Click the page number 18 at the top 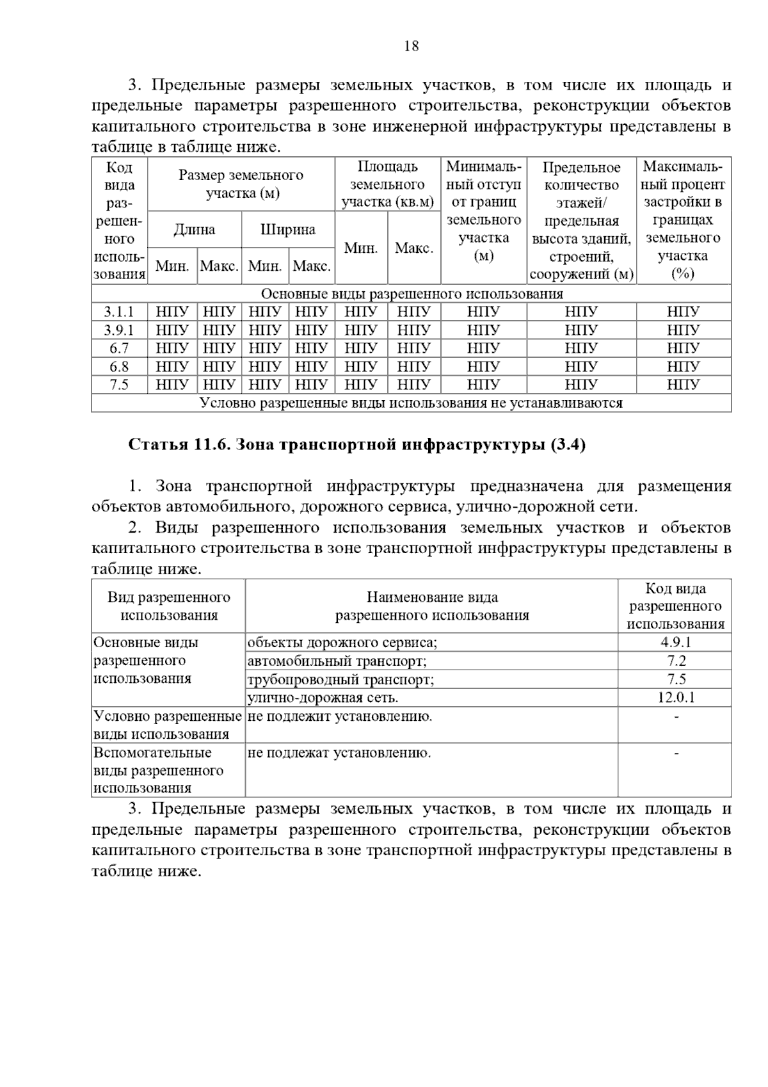pos(412,46)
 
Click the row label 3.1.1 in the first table pos(120,312)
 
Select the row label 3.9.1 pos(120,330)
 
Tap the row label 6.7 pos(120,348)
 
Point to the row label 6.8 pos(120,367)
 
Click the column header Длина pos(195,230)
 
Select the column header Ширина pos(288,230)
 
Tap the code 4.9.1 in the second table pos(675,642)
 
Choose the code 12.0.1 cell pos(675,697)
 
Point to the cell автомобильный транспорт pos(337,661)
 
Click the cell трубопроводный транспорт pos(340,679)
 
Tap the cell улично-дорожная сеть pos(323,697)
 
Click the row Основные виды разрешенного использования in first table pos(412,294)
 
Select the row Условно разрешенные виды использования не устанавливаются pos(412,403)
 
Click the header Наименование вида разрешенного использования pos(432,606)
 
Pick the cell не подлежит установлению pos(339,716)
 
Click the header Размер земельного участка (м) pos(241,184)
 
